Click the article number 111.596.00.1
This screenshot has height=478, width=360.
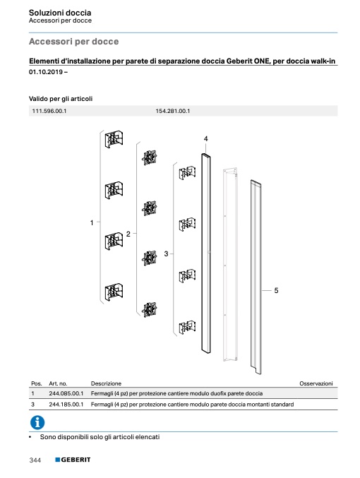[x=49, y=111]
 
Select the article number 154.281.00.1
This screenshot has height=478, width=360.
[x=172, y=111]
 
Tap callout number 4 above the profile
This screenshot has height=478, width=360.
[x=205, y=138]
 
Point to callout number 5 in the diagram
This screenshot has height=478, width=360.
[x=276, y=290]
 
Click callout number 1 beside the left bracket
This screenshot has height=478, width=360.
[x=92, y=223]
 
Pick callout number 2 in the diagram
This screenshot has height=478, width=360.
[x=128, y=234]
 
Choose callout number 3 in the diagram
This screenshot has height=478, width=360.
[x=166, y=253]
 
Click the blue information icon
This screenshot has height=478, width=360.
[x=37, y=422]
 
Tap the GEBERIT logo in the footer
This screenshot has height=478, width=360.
[x=73, y=460]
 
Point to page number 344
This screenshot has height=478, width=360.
[x=35, y=460]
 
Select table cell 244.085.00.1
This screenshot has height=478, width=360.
[x=66, y=393]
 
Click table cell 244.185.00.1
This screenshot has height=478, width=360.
[x=66, y=405]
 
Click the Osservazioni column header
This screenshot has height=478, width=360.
[x=316, y=383]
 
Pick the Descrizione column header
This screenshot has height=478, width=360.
[x=106, y=383]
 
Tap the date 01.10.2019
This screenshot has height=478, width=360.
[x=46, y=72]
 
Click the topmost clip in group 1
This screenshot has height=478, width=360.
[x=114, y=140]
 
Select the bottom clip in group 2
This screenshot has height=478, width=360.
[x=150, y=309]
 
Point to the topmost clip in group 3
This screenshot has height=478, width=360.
[x=187, y=174]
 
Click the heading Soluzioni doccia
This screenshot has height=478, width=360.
[x=60, y=13]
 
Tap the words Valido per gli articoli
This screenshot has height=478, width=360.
[x=61, y=99]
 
